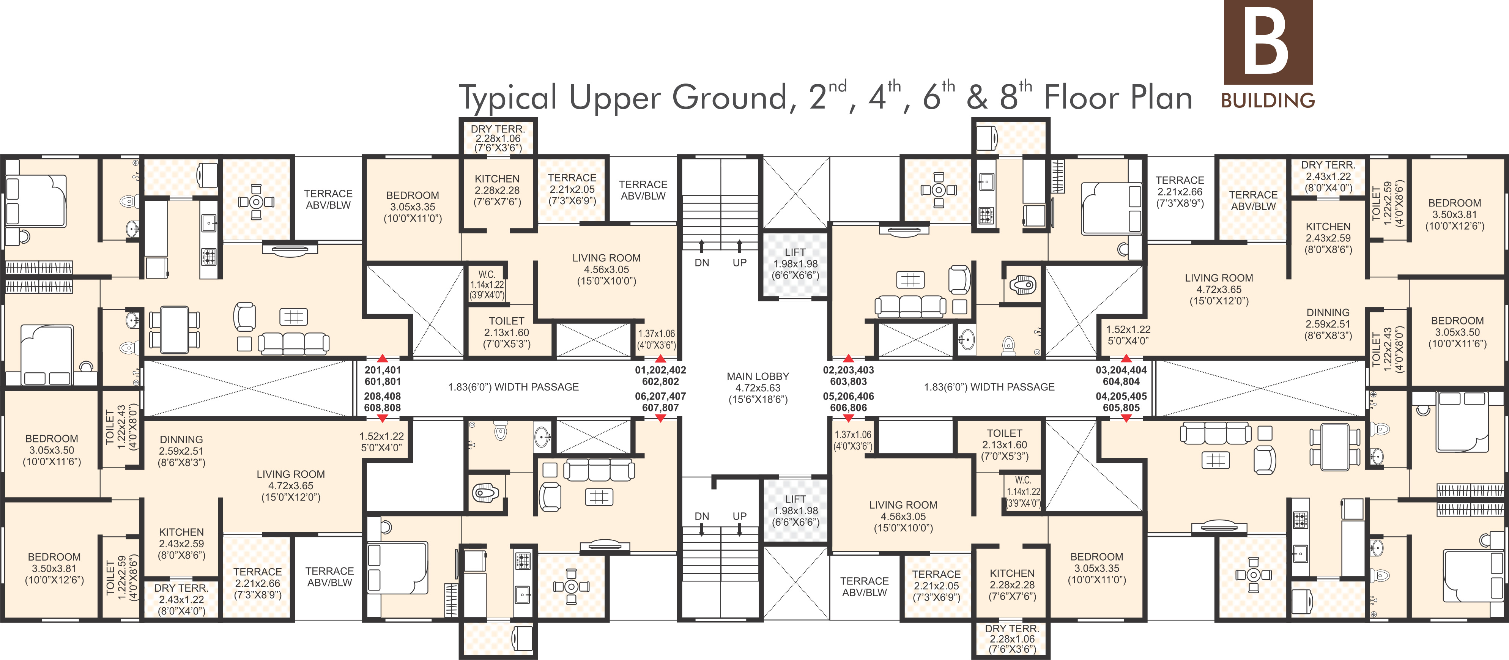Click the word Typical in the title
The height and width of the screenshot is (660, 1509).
[x=508, y=98]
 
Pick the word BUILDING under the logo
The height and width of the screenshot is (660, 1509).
[x=1268, y=100]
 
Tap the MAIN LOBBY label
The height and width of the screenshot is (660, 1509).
[x=758, y=376]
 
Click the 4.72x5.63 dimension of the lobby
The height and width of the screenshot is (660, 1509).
[x=758, y=387]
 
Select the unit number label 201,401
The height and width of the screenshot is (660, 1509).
[x=383, y=370]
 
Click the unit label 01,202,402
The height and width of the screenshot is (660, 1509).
[x=660, y=370]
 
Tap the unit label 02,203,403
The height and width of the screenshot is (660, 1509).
[x=848, y=370]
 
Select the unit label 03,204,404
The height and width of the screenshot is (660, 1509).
[x=1121, y=370]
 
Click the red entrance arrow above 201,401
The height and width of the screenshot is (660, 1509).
[x=383, y=358]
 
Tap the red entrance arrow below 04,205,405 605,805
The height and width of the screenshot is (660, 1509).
[x=1126, y=418]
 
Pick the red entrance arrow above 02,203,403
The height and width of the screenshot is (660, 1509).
[x=848, y=358]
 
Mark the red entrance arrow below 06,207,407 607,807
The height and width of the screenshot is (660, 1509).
[x=660, y=418]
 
